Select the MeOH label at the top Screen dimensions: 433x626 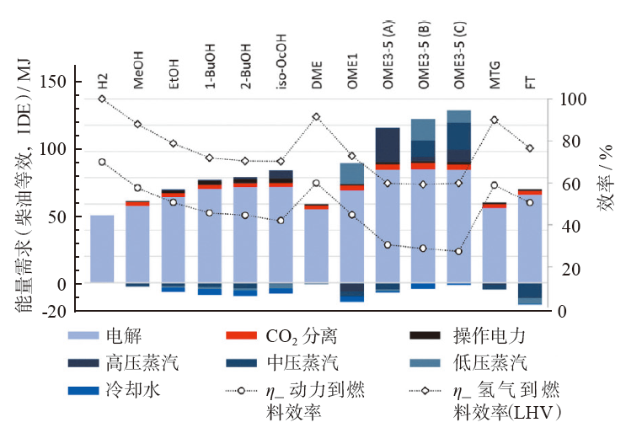137,73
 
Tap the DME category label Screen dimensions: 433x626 316,78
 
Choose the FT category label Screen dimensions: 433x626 530,82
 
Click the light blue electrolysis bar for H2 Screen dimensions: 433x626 102,249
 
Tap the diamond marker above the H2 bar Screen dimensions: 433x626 102,99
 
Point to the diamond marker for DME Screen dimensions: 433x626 316,117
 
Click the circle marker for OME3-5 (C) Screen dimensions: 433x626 458,251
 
